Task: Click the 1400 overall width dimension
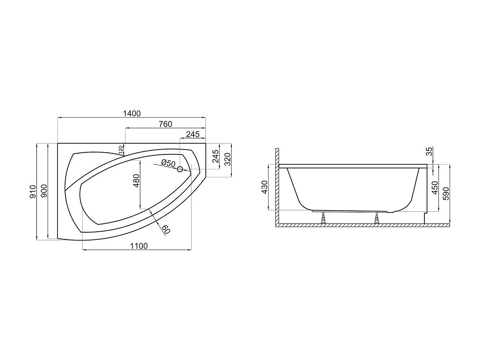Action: (x=132, y=113)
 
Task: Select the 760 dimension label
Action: (x=166, y=124)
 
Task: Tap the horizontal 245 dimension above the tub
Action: (x=193, y=134)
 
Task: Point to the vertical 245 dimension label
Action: (x=216, y=156)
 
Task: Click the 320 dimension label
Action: (x=228, y=159)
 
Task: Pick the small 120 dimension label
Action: (x=121, y=150)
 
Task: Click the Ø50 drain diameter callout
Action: (x=168, y=163)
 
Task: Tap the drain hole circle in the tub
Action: (x=180, y=169)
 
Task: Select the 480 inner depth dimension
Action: (x=136, y=181)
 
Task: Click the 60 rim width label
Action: (x=166, y=229)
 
